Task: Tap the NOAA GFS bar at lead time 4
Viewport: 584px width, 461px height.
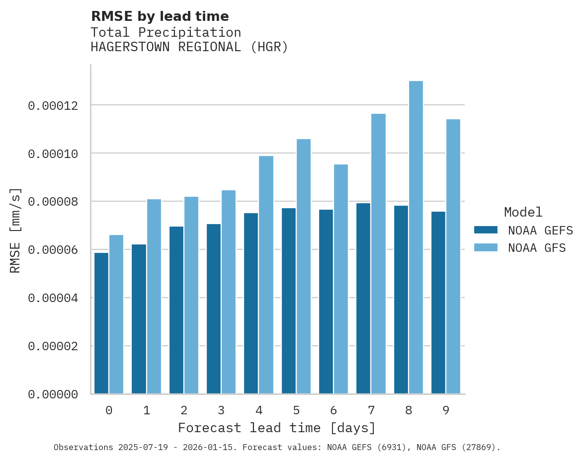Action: click(266, 275)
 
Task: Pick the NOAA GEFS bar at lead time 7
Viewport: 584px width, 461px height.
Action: click(363, 298)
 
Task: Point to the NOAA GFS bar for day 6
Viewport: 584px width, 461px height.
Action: click(341, 279)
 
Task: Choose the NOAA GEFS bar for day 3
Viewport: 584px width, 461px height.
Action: click(214, 308)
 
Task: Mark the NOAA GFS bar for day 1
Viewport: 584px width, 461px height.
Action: click(154, 296)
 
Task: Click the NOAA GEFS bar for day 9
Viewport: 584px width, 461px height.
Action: click(438, 303)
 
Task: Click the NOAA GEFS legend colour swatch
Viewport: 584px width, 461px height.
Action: click(486, 230)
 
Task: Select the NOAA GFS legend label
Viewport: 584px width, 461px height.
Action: click(537, 247)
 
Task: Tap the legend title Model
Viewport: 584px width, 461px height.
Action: click(523, 212)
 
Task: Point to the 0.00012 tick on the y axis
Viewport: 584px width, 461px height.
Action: click(53, 106)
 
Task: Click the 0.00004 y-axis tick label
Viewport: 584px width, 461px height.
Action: click(53, 298)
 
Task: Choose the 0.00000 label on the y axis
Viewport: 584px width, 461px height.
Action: click(53, 394)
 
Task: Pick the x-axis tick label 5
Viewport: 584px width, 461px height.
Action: click(296, 410)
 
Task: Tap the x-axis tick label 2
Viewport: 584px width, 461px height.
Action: click(184, 410)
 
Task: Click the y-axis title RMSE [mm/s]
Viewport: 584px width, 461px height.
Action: click(15, 230)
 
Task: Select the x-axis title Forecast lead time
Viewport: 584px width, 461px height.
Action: click(277, 428)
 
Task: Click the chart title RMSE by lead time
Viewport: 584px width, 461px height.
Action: click(160, 16)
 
